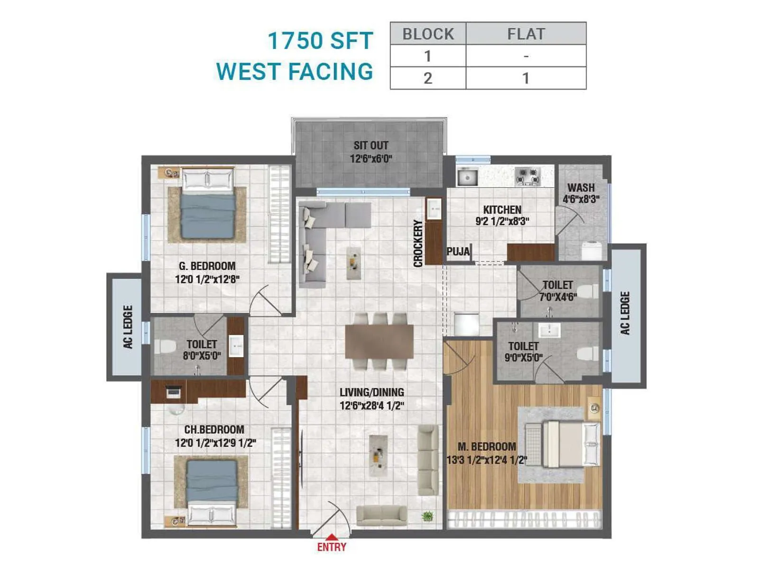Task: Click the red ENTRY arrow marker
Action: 332,538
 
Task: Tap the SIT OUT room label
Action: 370,146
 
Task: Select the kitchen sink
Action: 467,177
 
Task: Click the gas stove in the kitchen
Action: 528,177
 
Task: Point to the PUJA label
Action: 458,251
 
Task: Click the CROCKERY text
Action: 418,243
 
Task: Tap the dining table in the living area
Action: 379,341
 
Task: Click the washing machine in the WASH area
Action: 592,250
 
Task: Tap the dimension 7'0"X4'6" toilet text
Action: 558,297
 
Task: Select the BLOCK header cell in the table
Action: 428,34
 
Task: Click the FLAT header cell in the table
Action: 526,34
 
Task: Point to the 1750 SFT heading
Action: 320,41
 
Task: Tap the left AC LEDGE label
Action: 128,327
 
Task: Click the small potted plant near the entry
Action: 427,516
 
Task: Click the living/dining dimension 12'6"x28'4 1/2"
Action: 371,406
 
